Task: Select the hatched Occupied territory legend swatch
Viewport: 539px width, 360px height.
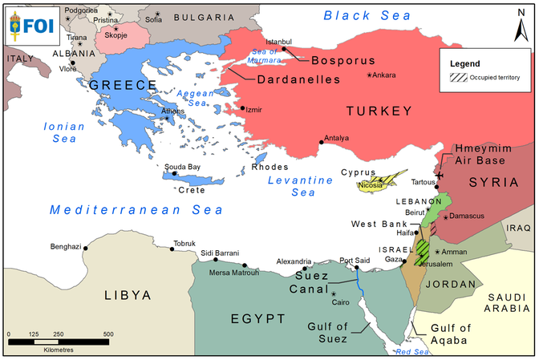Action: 460,78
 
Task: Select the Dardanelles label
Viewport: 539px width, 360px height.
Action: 299,79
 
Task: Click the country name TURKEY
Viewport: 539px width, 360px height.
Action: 379,110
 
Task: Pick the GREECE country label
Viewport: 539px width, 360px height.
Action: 123,85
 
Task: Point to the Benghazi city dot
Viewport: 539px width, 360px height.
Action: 86,248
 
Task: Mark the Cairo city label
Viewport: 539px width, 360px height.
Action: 341,302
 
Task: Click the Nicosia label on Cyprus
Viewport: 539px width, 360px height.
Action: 371,186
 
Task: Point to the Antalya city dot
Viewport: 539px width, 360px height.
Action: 322,143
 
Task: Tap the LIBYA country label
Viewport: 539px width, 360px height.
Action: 128,295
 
